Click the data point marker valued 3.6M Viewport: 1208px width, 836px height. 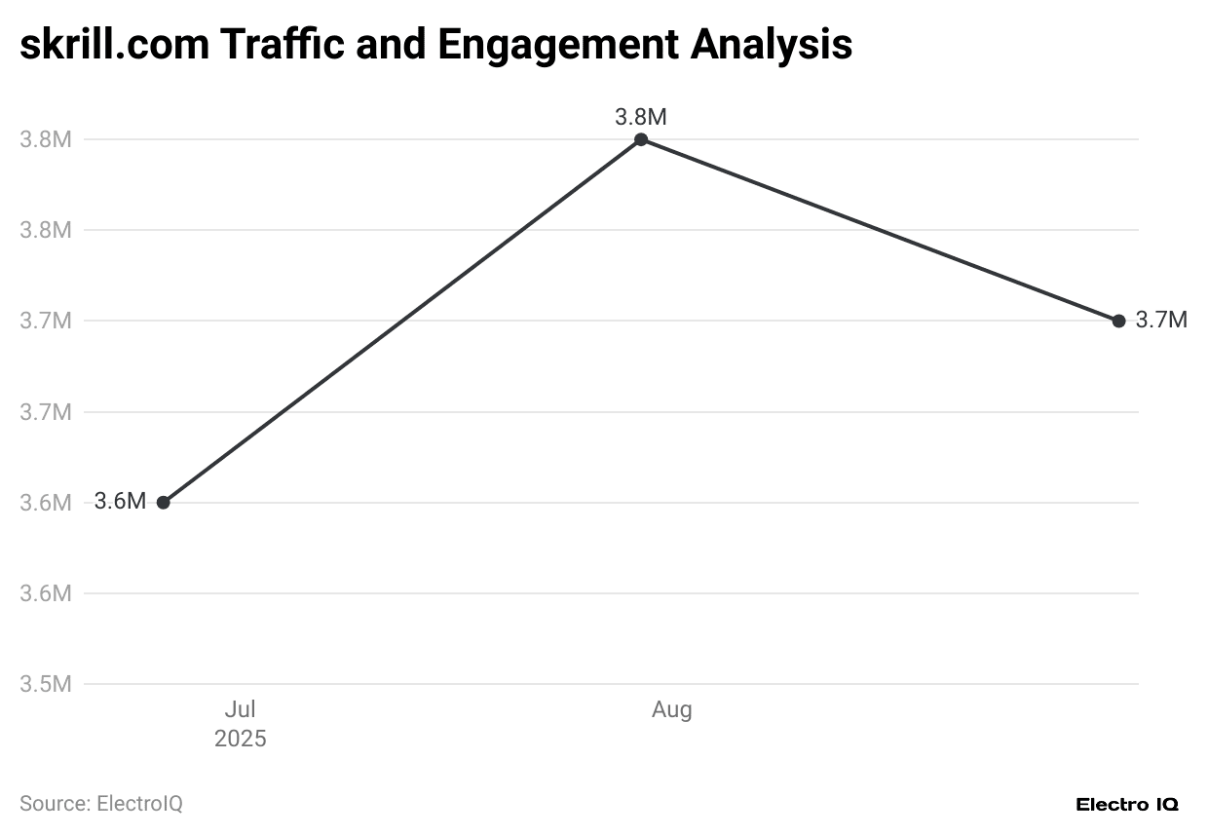164,503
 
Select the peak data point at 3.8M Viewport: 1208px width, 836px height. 641,139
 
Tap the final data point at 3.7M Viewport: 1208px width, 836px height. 1118,321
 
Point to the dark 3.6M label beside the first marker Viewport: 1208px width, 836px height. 120,502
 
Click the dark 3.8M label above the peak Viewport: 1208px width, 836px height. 641,117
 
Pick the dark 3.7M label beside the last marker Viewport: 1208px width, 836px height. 1161,320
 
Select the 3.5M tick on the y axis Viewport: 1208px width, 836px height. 46,684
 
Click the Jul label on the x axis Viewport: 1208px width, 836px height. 240,709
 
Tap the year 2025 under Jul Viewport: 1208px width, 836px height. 240,739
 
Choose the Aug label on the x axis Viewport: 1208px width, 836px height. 671,709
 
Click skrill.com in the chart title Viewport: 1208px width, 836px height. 113,45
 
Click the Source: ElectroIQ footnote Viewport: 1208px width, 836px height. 101,804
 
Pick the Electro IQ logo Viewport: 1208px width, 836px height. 1127,804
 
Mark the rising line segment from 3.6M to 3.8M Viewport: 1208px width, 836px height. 402,322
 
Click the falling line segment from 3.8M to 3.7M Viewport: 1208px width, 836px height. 880,230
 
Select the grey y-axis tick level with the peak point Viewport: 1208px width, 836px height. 46,139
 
